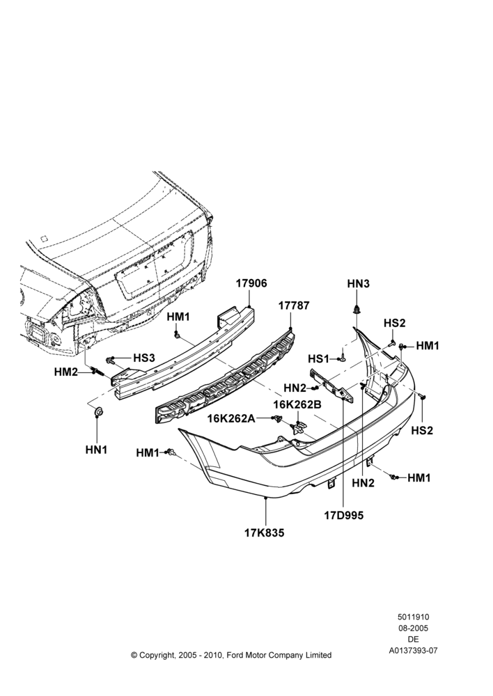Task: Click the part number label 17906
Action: [251, 283]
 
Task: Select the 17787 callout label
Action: [294, 306]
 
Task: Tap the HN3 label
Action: [359, 284]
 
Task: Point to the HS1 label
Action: [318, 358]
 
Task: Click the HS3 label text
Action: [144, 358]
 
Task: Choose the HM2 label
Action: [65, 372]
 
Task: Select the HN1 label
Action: [96, 450]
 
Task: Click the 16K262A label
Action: [231, 418]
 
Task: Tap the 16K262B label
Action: [297, 404]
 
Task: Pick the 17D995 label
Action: [344, 515]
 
